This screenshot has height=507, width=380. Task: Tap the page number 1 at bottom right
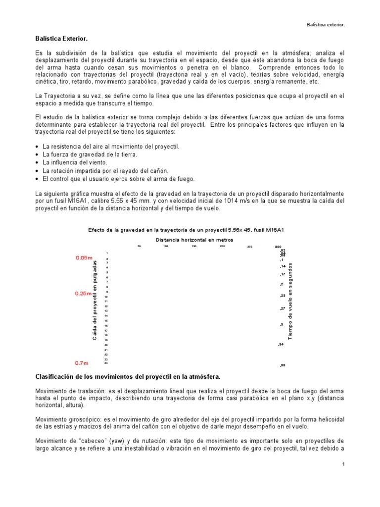[343, 464]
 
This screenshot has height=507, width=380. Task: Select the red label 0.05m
[84, 257]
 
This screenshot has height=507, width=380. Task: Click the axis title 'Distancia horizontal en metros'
[194, 239]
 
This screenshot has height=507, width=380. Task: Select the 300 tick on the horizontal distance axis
[278, 247]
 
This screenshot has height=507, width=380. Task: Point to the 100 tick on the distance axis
[166, 246]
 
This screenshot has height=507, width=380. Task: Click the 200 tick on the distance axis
[222, 246]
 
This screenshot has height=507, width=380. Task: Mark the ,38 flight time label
[283, 365]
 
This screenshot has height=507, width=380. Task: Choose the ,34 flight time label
[281, 344]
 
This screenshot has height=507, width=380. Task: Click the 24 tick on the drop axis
[106, 363]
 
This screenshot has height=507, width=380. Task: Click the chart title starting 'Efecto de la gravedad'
[190, 229]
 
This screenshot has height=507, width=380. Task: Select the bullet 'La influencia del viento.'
[74, 162]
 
